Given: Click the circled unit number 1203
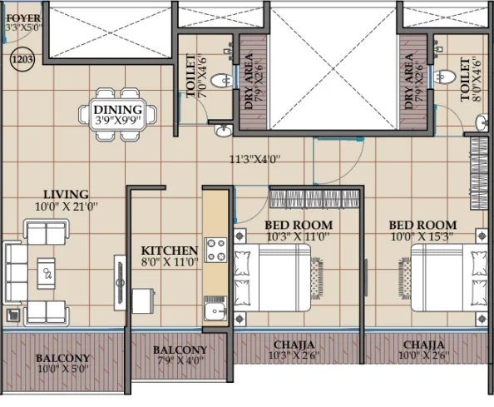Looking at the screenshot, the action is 22,59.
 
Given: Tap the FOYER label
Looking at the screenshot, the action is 23,18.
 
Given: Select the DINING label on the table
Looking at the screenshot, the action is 118,110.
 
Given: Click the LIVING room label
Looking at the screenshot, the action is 66,194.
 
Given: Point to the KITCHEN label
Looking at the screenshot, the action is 170,251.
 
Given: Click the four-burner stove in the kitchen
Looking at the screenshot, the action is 215,250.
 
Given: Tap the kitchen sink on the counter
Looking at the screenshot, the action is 215,310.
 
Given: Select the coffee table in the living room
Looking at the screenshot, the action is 47,273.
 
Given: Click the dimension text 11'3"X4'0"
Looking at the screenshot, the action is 254,160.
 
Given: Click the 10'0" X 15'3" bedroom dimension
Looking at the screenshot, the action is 422,236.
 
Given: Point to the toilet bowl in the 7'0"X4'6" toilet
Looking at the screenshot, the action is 222,81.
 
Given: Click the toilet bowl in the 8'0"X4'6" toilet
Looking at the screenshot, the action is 445,77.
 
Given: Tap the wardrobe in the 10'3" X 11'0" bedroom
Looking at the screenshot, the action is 314,199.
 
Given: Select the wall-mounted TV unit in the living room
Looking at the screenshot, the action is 120,283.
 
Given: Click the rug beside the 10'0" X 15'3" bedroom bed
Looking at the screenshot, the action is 405,278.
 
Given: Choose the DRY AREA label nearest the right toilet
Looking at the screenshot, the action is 408,82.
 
